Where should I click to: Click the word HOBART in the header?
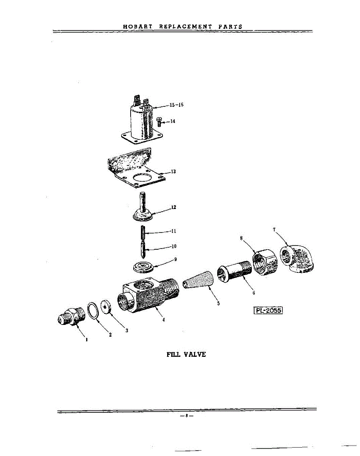click(x=138, y=27)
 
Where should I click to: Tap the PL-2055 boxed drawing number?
click(x=268, y=310)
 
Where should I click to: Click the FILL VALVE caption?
click(x=186, y=354)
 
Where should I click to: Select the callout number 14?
click(x=172, y=121)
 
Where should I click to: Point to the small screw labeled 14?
click(x=159, y=122)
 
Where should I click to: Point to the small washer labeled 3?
click(x=106, y=307)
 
